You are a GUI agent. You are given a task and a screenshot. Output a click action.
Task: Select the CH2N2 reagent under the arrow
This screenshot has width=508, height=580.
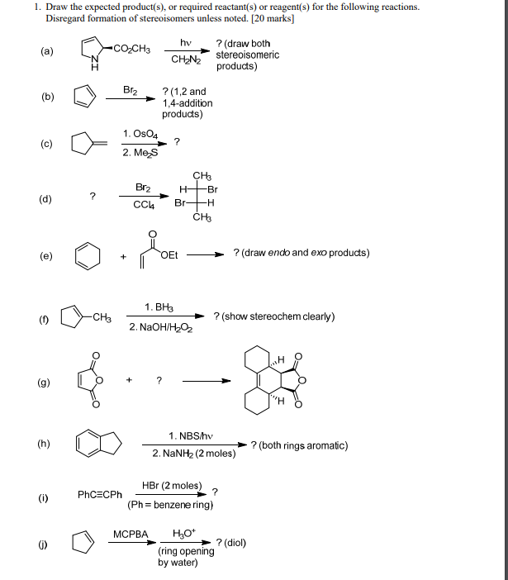(x=185, y=59)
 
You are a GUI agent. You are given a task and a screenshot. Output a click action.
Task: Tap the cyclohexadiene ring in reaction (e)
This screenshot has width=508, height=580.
(x=88, y=254)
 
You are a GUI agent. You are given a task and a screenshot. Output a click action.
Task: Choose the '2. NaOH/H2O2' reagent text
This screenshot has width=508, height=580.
(x=159, y=326)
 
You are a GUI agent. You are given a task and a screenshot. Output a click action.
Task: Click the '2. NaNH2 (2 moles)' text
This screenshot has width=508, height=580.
(x=194, y=454)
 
